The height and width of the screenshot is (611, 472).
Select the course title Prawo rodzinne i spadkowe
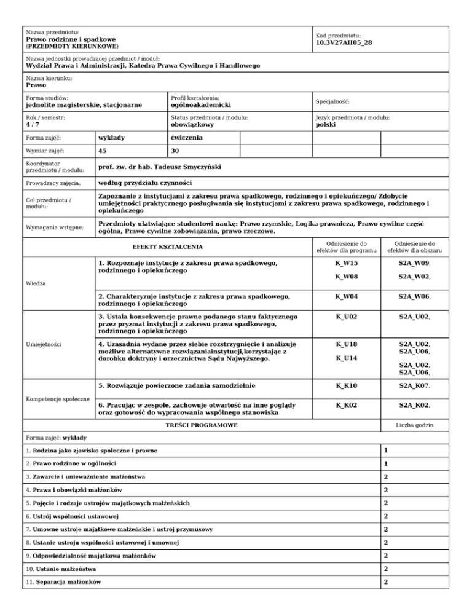pyautogui.click(x=63, y=39)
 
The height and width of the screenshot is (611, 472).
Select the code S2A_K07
pyautogui.click(x=414, y=385)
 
